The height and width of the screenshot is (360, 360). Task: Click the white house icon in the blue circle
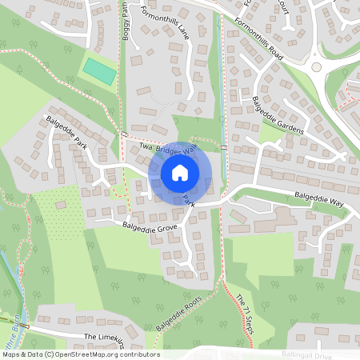coord(180,172)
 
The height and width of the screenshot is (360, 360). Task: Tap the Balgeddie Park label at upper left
coord(69,133)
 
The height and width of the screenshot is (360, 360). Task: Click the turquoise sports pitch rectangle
coord(99,70)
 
